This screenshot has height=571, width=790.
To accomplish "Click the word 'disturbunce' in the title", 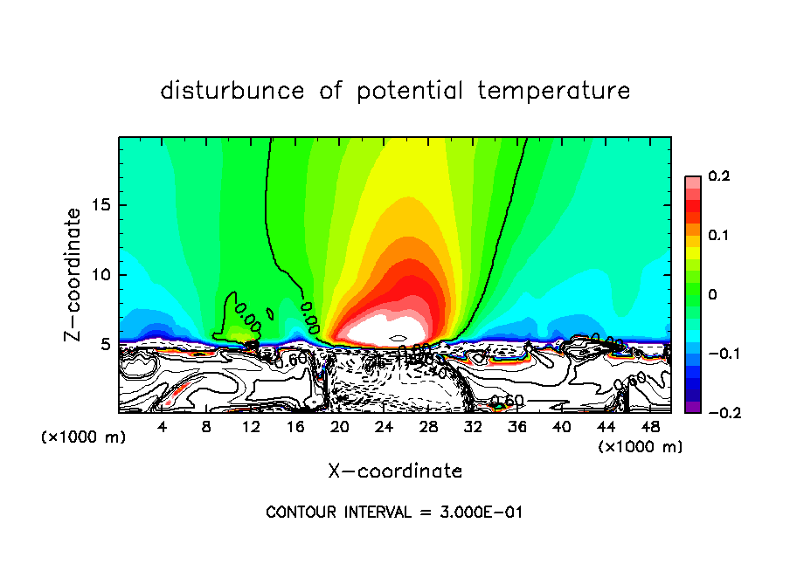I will pos(232,91).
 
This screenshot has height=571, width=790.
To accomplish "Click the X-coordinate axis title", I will pos(395,471).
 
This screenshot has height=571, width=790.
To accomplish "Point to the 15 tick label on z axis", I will pos(100,206).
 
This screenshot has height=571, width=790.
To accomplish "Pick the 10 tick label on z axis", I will pos(100,275).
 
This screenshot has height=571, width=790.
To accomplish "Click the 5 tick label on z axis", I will pos(105,344).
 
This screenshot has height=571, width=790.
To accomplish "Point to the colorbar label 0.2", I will pos(718,176).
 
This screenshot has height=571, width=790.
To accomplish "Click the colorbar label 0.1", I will pos(718,236).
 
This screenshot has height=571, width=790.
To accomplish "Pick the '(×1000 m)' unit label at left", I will pos(84,437).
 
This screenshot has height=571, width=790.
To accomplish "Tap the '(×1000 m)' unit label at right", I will pos(641,447).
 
